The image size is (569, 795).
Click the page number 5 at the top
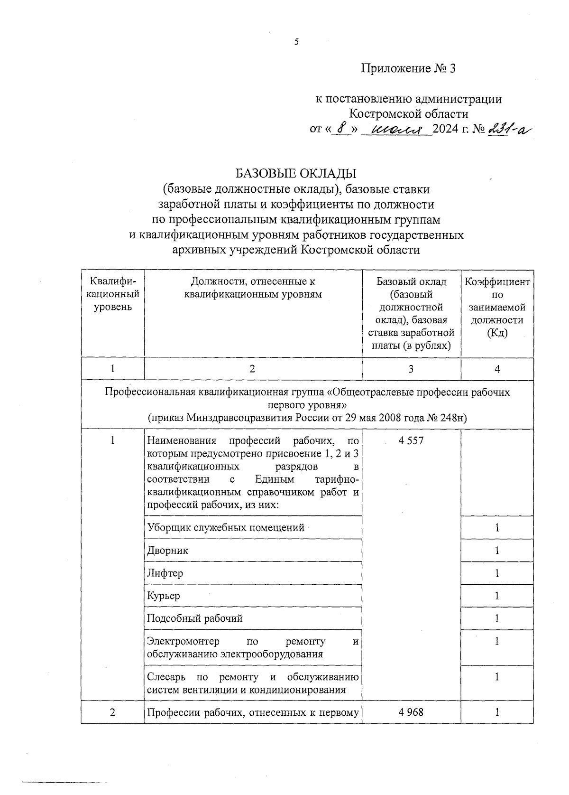pyautogui.click(x=297, y=42)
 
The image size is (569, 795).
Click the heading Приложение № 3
pyautogui.click(x=408, y=69)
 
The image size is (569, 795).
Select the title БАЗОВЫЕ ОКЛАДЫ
pyautogui.click(x=296, y=173)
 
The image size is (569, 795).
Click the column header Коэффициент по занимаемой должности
pyautogui.click(x=496, y=307)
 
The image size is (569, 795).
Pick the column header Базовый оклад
pyautogui.click(x=411, y=282)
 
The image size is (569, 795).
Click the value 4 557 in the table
pyautogui.click(x=411, y=441)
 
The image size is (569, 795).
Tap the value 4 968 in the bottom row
pyautogui.click(x=411, y=712)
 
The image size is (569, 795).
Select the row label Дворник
pyautogui.click(x=167, y=551)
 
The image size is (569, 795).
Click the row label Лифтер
pyautogui.click(x=165, y=573)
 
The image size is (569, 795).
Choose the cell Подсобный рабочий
pyautogui.click(x=194, y=618)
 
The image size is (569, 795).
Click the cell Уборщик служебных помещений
pyautogui.click(x=226, y=527)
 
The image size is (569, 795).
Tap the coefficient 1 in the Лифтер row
pyautogui.click(x=496, y=573)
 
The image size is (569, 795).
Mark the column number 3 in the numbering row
pyautogui.click(x=411, y=369)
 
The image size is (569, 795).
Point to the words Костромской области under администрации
pyautogui.click(x=408, y=114)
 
